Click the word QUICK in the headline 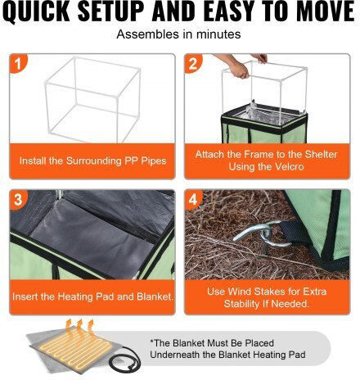click(x=38, y=12)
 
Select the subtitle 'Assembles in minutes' click(x=178, y=34)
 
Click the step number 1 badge click(x=18, y=63)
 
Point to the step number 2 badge click(x=192, y=63)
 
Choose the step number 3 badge click(x=18, y=200)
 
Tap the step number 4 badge click(x=192, y=200)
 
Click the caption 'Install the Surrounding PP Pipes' click(x=92, y=161)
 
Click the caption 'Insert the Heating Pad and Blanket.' click(x=92, y=296)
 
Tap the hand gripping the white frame click(x=240, y=70)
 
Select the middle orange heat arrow click(x=79, y=328)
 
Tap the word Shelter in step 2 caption click(x=321, y=155)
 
